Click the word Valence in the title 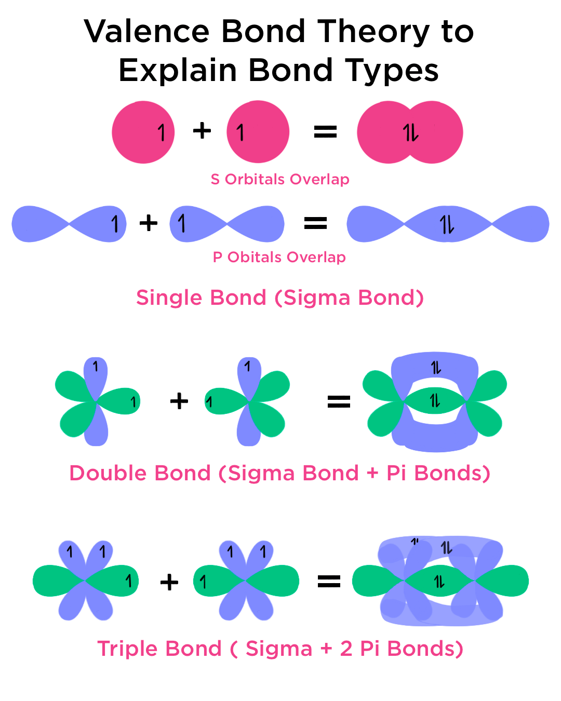click(x=147, y=32)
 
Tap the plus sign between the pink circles click(x=202, y=131)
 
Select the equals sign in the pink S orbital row click(x=326, y=132)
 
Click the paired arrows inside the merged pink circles click(x=410, y=132)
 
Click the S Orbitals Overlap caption click(x=280, y=180)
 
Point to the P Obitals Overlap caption click(x=279, y=258)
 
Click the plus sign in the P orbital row click(x=149, y=223)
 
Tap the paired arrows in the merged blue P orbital click(x=447, y=224)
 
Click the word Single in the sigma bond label click(x=168, y=298)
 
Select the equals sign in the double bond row click(x=339, y=401)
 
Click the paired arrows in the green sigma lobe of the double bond click(x=435, y=400)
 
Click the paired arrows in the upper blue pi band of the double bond click(x=436, y=368)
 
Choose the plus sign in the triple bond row click(x=169, y=582)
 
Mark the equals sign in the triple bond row click(x=329, y=582)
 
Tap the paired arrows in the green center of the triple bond click(x=439, y=581)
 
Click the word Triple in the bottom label click(x=123, y=649)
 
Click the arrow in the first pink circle click(x=162, y=132)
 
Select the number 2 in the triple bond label click(x=346, y=649)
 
